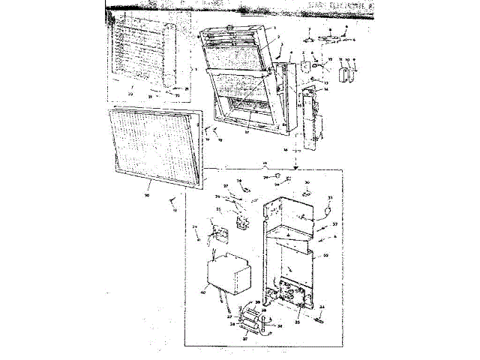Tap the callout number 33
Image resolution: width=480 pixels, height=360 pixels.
(325, 256)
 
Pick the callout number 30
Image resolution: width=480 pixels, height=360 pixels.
(307, 181)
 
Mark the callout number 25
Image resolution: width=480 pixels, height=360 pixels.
(219, 209)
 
